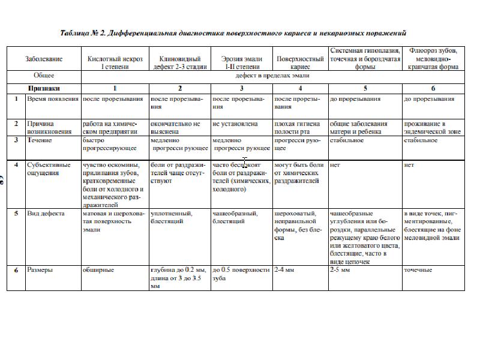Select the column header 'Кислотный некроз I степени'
(x=115, y=63)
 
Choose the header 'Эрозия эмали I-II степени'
(x=242, y=63)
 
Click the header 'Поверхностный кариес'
(x=300, y=63)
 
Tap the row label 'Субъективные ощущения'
(x=49, y=169)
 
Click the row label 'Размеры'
(x=40, y=270)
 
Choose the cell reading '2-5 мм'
(x=340, y=270)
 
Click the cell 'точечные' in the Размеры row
(x=418, y=270)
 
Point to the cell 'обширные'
(x=98, y=270)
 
